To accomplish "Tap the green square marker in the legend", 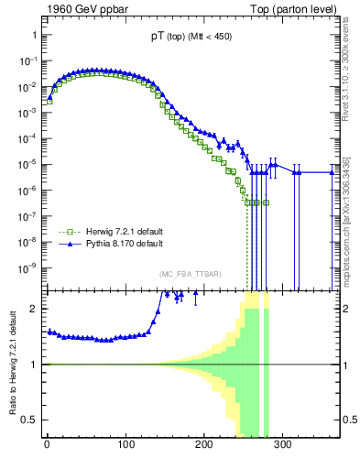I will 67,233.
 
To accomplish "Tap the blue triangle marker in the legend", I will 67,245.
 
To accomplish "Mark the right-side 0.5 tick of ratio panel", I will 347,420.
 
